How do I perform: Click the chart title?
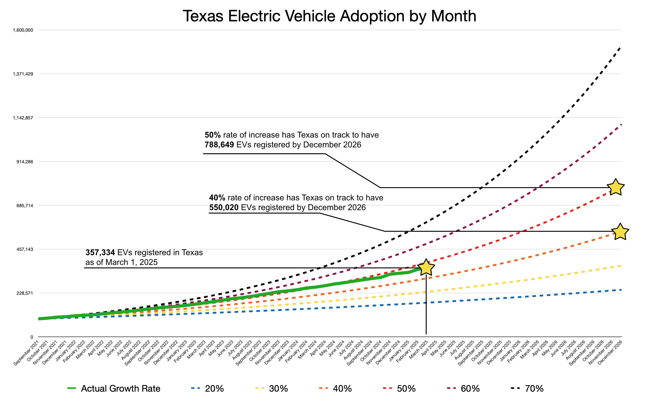tap(329, 16)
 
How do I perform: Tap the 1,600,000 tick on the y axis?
tap(23, 30)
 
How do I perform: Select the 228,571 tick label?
tap(25, 293)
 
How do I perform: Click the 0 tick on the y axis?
tap(32, 337)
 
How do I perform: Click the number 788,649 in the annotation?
tap(219, 145)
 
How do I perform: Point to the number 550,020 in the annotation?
tap(224, 207)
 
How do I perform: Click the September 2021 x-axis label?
tap(26, 353)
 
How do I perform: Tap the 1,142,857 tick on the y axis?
tap(23, 118)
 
